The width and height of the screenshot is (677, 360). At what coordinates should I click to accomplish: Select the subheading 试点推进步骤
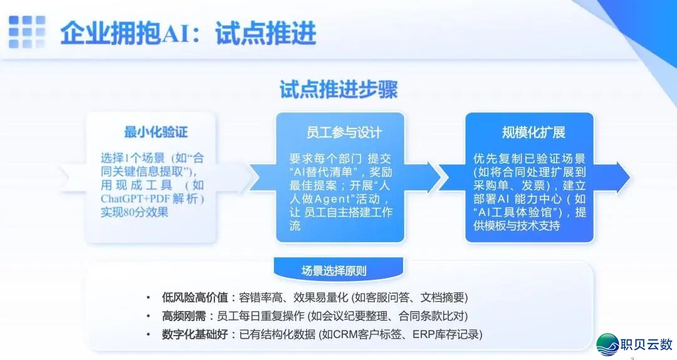[x=338, y=90]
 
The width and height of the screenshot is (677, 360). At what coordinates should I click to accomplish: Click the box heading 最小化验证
[x=155, y=132]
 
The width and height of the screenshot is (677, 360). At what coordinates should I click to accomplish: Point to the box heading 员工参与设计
[x=344, y=132]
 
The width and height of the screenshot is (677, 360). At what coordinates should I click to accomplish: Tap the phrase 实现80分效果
[x=134, y=213]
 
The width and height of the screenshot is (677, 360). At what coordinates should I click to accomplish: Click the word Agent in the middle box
[x=338, y=199]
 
